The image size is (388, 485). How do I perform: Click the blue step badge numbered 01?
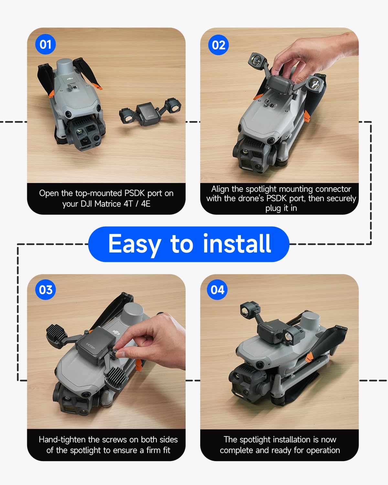coord(45,44)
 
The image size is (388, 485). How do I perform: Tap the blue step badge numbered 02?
coord(218,45)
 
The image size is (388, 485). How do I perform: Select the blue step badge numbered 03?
coord(45,290)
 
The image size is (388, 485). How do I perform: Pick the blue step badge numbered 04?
coord(217,290)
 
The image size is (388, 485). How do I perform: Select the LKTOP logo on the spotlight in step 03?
coord(91,346)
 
